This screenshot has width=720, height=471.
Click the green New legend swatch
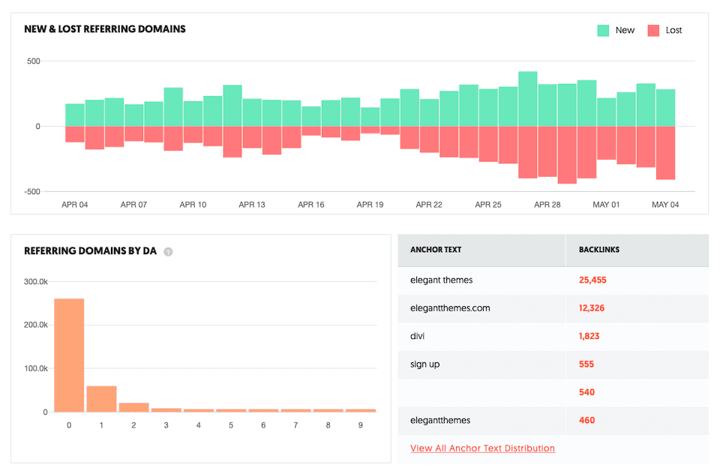603,30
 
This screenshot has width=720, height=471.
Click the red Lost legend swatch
653,30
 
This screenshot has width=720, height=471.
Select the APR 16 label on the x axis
311,205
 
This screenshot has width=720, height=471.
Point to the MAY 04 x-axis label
665,205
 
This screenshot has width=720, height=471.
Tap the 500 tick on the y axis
32,61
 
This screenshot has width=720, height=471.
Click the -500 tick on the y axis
31,192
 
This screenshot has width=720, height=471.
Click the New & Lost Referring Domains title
105,29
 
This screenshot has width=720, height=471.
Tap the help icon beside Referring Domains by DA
168,252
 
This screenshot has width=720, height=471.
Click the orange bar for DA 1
101,398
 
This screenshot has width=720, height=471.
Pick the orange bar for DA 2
133,407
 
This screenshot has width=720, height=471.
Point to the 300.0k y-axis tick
35,282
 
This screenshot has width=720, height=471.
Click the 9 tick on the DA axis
360,425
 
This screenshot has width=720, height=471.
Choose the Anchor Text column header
436,250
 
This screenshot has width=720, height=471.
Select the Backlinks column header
599,250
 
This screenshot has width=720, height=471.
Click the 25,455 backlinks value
592,280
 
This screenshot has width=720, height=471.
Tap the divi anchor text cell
418,336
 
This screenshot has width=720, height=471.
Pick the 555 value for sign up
586,364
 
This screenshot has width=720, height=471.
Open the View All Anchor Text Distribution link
482,448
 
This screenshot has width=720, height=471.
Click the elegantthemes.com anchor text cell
450,308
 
